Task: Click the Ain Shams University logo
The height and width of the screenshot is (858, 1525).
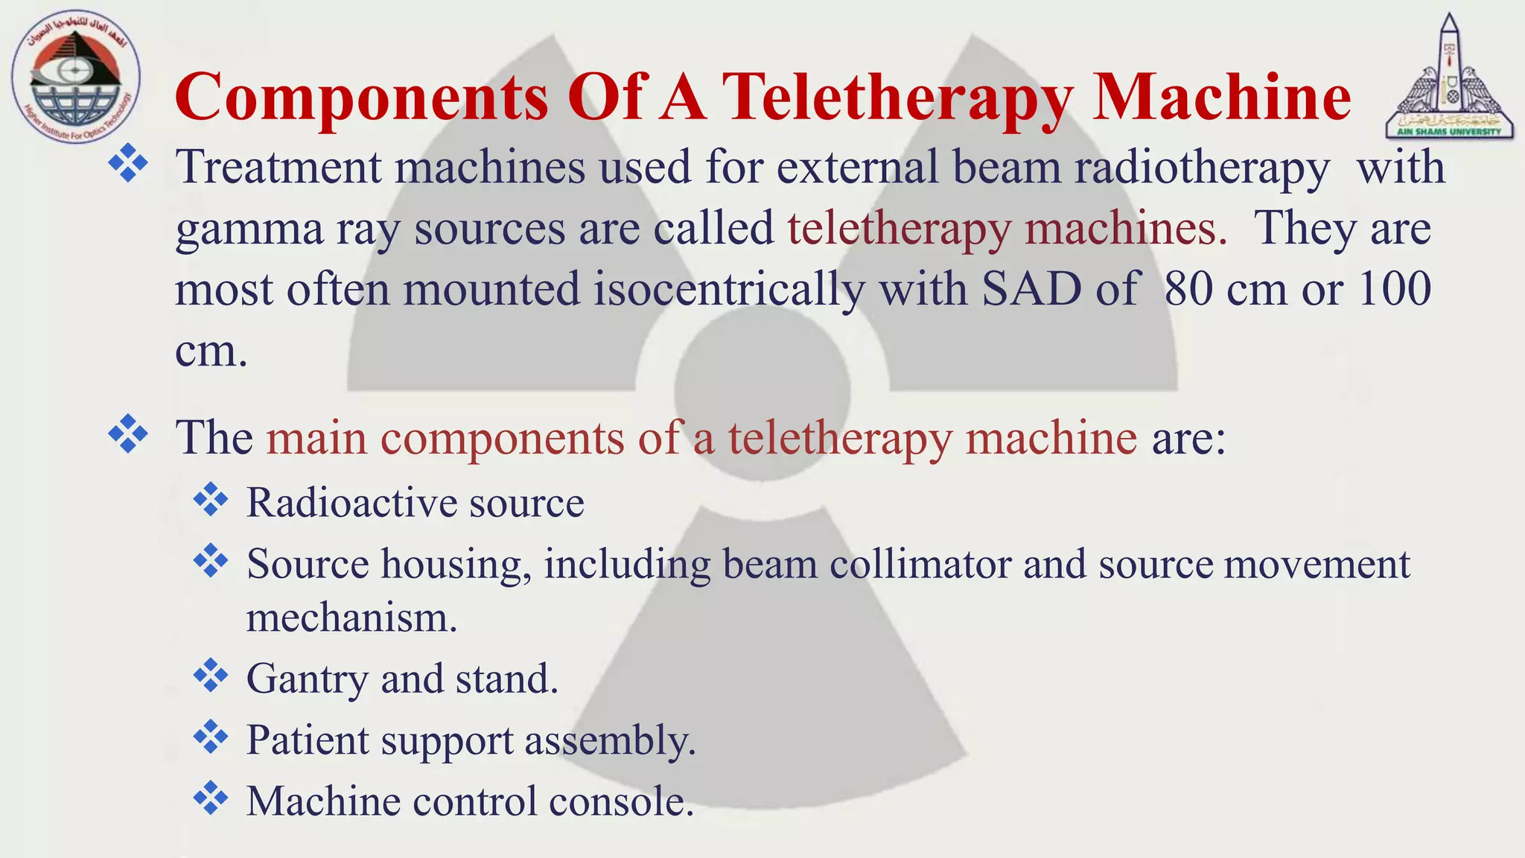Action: point(1448,77)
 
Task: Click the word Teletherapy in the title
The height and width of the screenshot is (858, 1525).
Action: point(897,98)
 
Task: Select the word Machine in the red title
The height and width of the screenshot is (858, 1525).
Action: point(1221,98)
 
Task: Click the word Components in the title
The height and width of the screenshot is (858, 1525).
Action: point(362,98)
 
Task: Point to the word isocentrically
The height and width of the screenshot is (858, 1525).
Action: point(729,289)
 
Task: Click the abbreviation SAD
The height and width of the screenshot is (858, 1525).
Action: point(1031,289)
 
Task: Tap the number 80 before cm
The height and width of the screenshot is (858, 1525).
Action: point(1189,289)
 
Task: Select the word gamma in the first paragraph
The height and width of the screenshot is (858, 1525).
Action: point(249,229)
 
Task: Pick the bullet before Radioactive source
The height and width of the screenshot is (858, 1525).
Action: point(211,500)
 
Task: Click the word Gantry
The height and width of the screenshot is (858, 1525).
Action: point(308,679)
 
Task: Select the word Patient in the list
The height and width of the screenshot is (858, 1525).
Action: point(308,740)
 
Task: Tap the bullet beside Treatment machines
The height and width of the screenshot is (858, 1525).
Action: point(128,164)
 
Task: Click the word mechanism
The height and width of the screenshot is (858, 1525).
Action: point(351,618)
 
